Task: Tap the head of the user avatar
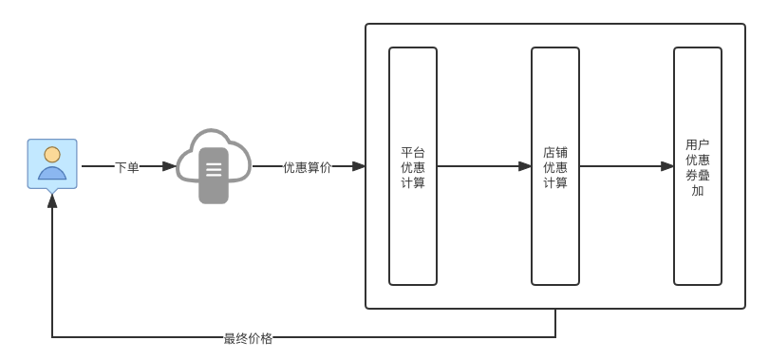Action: point(52,154)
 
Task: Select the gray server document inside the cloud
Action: point(214,175)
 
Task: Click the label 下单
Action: point(126,167)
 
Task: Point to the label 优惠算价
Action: point(307,167)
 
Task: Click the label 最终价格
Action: point(248,338)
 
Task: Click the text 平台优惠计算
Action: point(413,167)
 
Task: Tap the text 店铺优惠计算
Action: point(555,167)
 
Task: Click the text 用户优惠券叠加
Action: point(698,167)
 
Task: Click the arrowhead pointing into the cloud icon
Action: point(169,166)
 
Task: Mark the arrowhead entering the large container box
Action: point(359,166)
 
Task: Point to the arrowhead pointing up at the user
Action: point(52,200)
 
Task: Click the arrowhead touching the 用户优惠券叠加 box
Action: point(667,166)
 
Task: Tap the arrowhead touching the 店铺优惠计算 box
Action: point(525,166)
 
